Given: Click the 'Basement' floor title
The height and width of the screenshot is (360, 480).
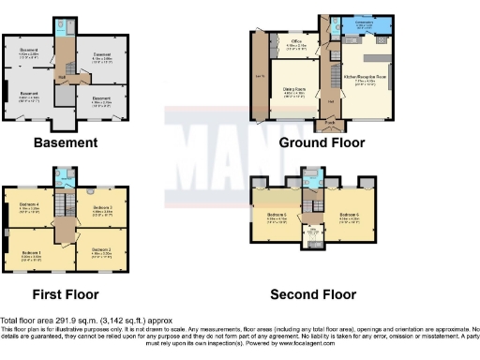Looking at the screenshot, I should (x=66, y=143).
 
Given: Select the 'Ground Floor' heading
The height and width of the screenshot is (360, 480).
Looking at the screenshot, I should (x=322, y=143).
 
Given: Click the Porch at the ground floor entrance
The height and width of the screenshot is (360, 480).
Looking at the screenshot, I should (x=330, y=123).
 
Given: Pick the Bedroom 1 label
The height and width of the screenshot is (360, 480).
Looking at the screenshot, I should (x=32, y=253).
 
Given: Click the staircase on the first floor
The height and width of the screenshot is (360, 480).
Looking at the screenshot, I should (x=65, y=201).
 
